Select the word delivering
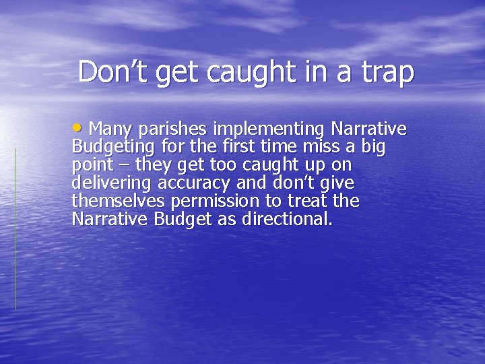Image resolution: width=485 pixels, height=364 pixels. [x=111, y=183]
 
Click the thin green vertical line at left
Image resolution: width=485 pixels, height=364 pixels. [x=15, y=229]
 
